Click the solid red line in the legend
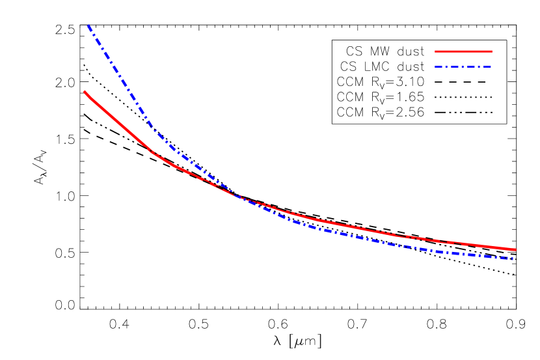(463, 51)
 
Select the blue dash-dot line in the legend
(463, 66)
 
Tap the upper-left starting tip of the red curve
(85, 92)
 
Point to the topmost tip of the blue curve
(88, 25)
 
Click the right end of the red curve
(515, 249)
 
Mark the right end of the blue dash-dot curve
(513, 258)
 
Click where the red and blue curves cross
(236, 195)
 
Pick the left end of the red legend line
(436, 51)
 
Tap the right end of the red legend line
(491, 51)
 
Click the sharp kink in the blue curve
(154, 129)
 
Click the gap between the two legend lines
(463, 59)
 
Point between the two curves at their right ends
(513, 254)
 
